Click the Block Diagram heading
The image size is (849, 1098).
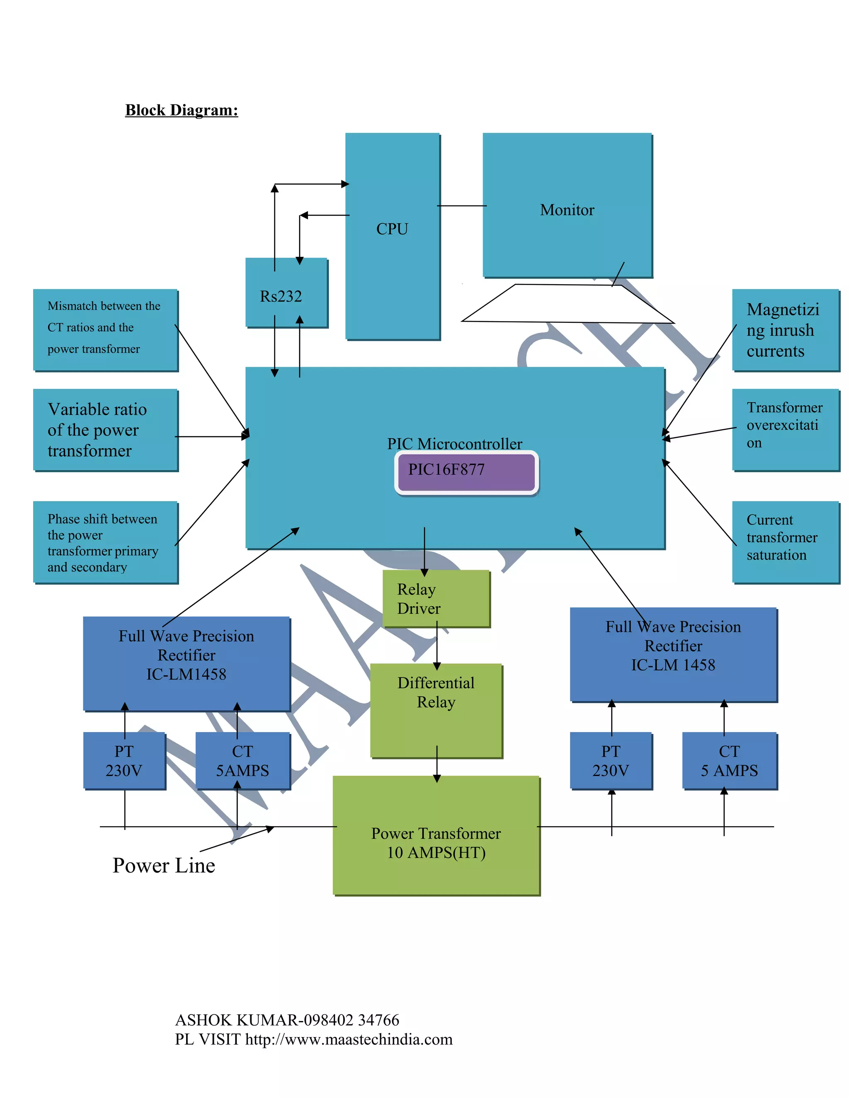pyautogui.click(x=181, y=110)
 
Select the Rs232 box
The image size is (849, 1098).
pyautogui.click(x=286, y=293)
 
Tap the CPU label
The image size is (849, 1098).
pyautogui.click(x=392, y=229)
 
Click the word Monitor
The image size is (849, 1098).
pyautogui.click(x=567, y=210)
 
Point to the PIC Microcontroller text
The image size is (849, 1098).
pyautogui.click(x=454, y=443)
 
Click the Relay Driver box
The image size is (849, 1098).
pyautogui.click(x=436, y=598)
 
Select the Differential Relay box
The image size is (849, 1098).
pyautogui.click(x=436, y=709)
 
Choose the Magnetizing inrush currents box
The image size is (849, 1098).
pyautogui.click(x=785, y=330)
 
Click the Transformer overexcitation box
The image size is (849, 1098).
pyautogui.click(x=785, y=429)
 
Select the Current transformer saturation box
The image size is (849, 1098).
pyautogui.click(x=785, y=542)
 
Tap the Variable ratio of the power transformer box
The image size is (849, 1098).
pyautogui.click(x=105, y=429)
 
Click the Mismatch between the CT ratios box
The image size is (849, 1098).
pyautogui.click(x=105, y=329)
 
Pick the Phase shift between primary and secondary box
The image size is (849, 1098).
pyautogui.click(x=105, y=542)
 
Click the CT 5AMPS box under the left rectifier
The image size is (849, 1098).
pyautogui.click(x=243, y=761)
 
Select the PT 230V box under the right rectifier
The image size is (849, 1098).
pyautogui.click(x=611, y=761)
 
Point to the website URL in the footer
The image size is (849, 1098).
pyautogui.click(x=349, y=1039)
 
